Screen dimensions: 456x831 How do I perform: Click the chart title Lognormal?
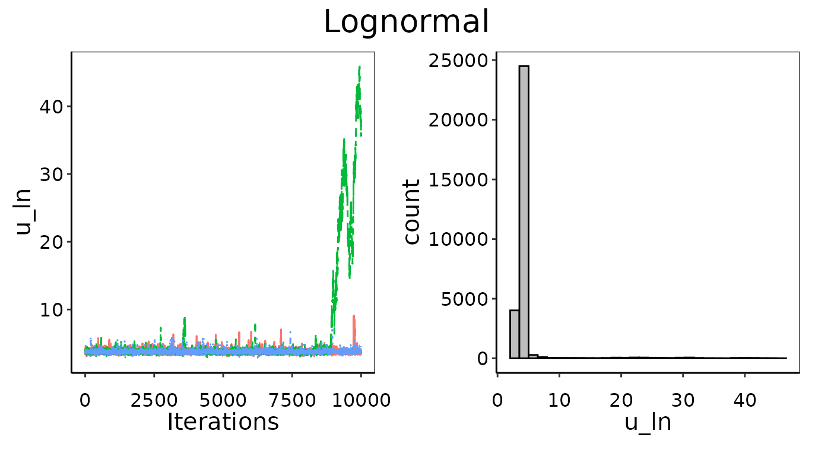(x=407, y=23)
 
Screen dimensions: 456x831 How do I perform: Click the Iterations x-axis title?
(x=223, y=422)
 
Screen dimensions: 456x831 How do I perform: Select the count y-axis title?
(x=411, y=212)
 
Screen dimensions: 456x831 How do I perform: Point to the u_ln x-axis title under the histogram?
(x=648, y=422)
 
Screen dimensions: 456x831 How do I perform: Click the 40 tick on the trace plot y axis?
(x=50, y=107)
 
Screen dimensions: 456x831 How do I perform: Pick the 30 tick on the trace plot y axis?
(x=50, y=175)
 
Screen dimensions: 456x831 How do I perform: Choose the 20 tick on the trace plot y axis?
(x=50, y=242)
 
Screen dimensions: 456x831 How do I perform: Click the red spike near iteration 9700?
(x=354, y=318)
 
